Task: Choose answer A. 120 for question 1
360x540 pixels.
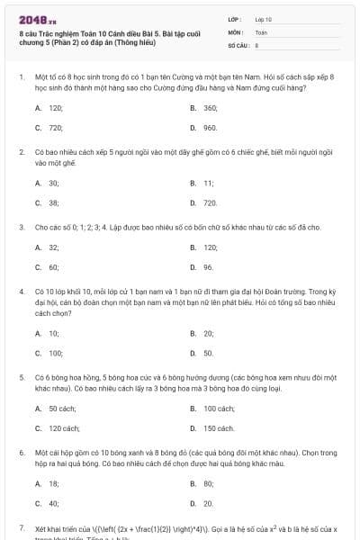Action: (x=49, y=107)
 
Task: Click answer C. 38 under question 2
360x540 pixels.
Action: (x=48, y=202)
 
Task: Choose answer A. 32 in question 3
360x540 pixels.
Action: (x=48, y=247)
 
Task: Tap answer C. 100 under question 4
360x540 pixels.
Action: (x=49, y=353)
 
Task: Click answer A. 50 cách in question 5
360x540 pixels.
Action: (x=58, y=408)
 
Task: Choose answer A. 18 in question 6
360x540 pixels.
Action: (x=48, y=483)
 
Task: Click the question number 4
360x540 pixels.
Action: (x=22, y=292)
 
